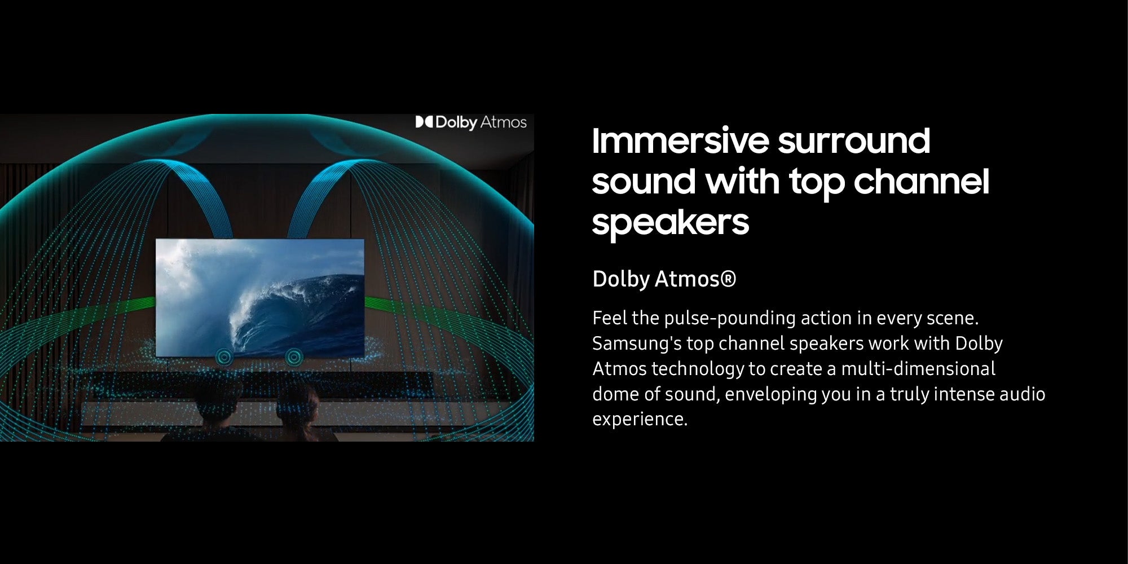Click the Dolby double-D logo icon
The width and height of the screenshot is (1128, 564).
tap(424, 122)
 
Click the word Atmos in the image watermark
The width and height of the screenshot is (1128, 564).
tap(503, 122)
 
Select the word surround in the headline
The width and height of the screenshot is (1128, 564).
tap(854, 142)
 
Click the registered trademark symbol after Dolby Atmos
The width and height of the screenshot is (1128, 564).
tap(728, 279)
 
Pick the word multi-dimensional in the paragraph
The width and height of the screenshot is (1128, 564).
tap(918, 369)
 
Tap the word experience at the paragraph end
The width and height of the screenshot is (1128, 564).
tap(640, 420)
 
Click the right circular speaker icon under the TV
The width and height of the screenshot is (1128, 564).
tap(293, 356)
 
